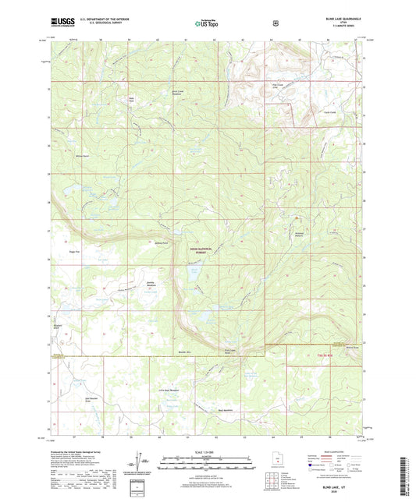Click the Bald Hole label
[132, 99]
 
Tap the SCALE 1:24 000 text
[208, 453]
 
